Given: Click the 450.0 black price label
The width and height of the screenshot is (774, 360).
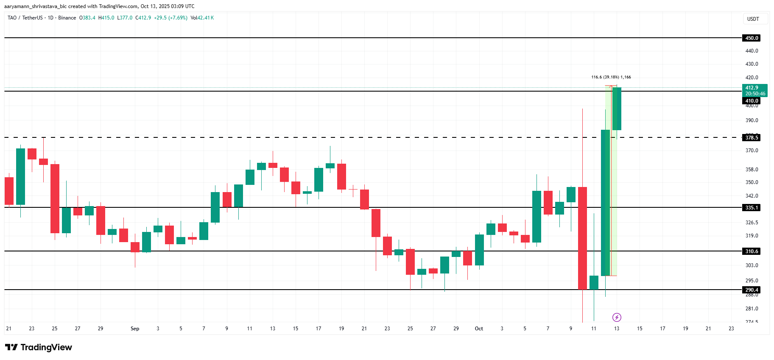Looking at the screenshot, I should point(752,38).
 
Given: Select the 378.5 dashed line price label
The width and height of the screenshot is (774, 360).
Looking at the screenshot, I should point(752,137).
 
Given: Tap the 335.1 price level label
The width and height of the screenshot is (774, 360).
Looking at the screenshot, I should point(752,207).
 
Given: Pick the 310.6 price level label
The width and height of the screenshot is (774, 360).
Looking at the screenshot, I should point(752,251).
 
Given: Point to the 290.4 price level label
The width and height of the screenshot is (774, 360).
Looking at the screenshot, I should point(752,290).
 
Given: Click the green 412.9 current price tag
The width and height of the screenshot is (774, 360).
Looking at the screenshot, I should point(755,90).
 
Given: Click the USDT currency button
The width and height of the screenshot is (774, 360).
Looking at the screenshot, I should point(753,19).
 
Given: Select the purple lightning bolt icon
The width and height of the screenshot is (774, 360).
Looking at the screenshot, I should point(617,317).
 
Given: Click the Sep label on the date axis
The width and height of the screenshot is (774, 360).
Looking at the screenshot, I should point(135,329).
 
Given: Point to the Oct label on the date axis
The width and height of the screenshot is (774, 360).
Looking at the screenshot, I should point(479,329).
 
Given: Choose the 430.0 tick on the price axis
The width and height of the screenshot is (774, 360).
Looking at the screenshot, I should point(752,64).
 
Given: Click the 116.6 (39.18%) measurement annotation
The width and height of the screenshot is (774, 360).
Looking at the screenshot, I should point(611,77).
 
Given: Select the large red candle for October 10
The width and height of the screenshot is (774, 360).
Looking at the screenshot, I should point(582,237).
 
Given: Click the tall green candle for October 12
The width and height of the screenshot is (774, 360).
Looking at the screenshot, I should point(605,203).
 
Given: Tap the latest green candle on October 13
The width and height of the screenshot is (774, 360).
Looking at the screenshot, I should point(617,109).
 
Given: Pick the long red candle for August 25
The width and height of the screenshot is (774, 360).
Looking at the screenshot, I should point(55,198).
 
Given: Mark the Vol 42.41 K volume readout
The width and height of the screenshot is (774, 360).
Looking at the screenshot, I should point(202,18).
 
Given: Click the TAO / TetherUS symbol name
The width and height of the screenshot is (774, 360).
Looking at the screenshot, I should point(25,18).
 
